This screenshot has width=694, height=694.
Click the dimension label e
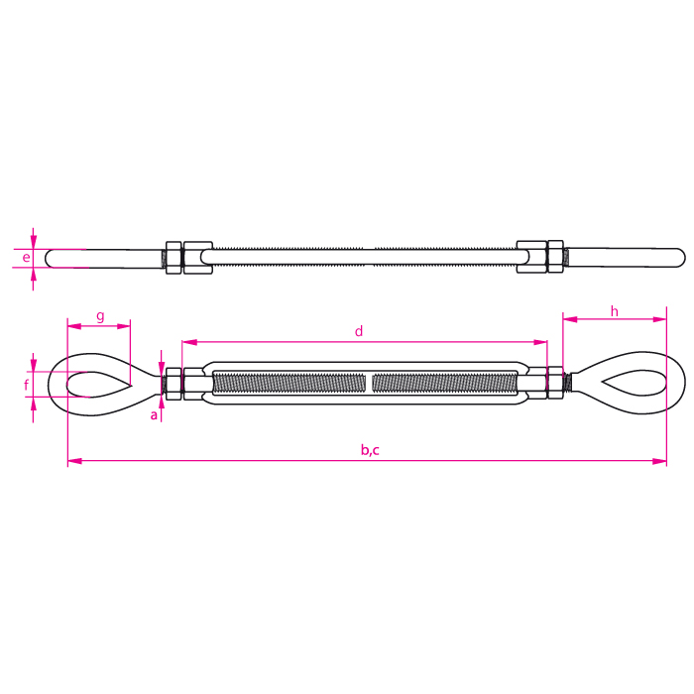coord(26,257)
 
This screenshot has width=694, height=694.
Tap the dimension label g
coord(100,317)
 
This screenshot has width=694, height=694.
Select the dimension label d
coord(359,331)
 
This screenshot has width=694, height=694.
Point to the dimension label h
coord(615,311)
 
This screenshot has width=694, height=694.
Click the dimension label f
coord(27,385)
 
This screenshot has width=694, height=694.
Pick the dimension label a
coord(154,415)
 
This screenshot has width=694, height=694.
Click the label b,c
coord(370,450)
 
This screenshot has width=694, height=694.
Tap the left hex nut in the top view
coord(173,257)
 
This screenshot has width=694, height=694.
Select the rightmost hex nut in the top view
coord(555,256)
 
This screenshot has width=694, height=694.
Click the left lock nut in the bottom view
coord(173,384)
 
